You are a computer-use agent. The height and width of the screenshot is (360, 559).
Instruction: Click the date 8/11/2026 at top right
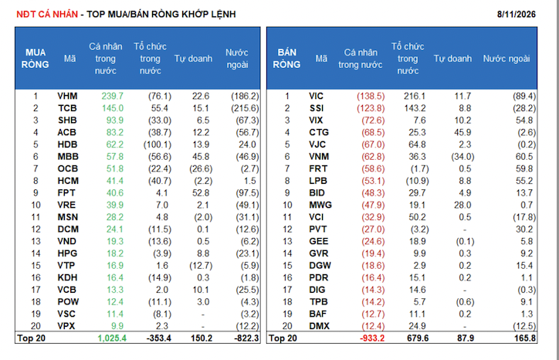click(x=517, y=14)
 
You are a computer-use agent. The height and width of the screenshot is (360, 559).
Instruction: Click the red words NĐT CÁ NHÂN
click(x=47, y=14)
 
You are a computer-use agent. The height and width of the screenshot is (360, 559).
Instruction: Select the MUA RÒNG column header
click(x=35, y=59)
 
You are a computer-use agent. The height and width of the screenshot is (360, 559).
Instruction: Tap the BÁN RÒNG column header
click(x=286, y=59)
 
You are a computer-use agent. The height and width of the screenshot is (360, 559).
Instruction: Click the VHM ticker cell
click(x=67, y=96)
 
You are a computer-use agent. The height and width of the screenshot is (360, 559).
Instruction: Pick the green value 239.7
click(x=112, y=96)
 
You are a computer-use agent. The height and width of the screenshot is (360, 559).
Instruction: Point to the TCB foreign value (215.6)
click(x=245, y=108)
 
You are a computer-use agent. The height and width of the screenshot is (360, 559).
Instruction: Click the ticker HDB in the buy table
click(x=68, y=144)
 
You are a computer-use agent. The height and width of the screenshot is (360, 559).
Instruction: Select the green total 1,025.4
click(x=112, y=338)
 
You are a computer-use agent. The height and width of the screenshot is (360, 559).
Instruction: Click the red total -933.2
click(x=372, y=338)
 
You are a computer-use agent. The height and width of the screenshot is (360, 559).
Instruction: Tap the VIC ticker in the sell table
click(x=317, y=96)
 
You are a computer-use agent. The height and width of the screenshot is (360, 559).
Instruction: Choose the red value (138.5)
click(x=371, y=96)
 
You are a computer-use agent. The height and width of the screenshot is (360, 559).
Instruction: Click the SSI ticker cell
click(x=317, y=108)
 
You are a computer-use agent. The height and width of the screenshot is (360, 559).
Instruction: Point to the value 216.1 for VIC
click(x=415, y=96)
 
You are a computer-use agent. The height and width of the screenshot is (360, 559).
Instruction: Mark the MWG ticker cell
click(x=320, y=205)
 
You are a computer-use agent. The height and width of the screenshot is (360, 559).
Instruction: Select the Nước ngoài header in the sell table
click(x=506, y=59)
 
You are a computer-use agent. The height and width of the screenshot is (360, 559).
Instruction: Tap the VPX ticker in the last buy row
click(x=66, y=326)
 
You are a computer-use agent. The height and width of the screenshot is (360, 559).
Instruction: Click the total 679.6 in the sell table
click(x=418, y=338)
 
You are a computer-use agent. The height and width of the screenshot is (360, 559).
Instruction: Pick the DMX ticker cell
click(x=320, y=326)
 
